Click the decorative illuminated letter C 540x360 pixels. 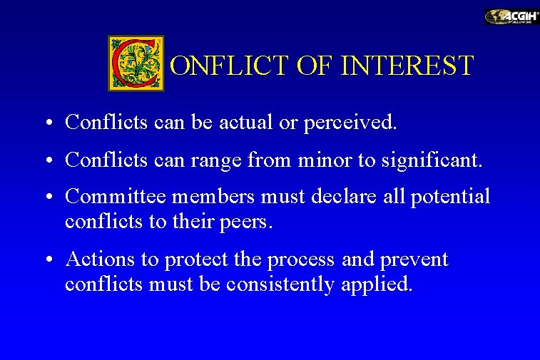(x=136, y=63)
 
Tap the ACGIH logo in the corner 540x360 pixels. (x=511, y=16)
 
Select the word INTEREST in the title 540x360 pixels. (x=407, y=66)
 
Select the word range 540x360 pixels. (x=216, y=161)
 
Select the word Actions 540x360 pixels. (x=96, y=259)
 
